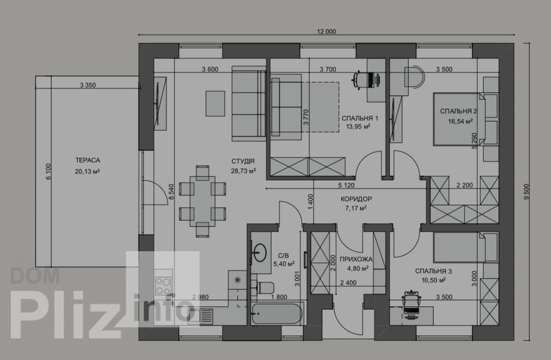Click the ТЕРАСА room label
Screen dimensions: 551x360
pyautogui.click(x=88, y=160)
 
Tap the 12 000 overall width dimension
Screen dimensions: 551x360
pyautogui.click(x=327, y=32)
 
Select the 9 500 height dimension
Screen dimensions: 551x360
pyautogui.click(x=527, y=192)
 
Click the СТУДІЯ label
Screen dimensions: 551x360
pyautogui.click(x=243, y=161)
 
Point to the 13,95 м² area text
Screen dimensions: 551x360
pyautogui.click(x=358, y=127)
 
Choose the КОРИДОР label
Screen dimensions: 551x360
pyautogui.click(x=356, y=199)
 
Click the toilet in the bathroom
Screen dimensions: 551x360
pyautogui.click(x=265, y=288)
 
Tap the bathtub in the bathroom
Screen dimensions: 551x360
pyautogui.click(x=276, y=314)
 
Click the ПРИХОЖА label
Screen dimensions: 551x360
pyautogui.click(x=356, y=260)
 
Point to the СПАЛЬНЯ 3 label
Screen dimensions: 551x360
pyautogui.click(x=434, y=271)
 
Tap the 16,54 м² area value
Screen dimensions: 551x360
pyautogui.click(x=460, y=121)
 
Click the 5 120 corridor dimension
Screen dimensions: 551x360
pyautogui.click(x=346, y=185)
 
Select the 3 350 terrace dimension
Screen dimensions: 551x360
pyautogui.click(x=88, y=85)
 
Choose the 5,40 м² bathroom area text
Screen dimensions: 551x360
pyautogui.click(x=283, y=263)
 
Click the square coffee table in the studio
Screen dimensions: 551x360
pyautogui.click(x=215, y=103)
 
